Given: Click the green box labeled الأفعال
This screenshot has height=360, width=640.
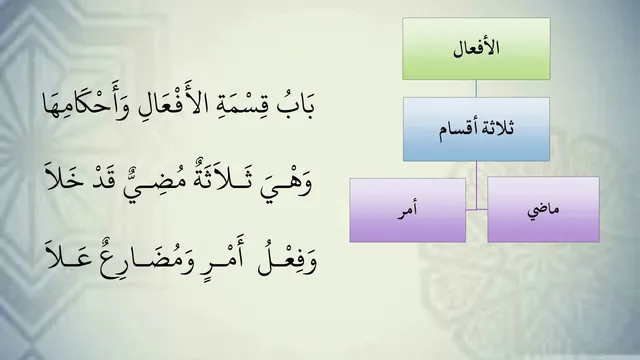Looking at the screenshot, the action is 476,49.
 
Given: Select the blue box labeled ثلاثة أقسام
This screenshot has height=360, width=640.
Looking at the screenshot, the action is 476,129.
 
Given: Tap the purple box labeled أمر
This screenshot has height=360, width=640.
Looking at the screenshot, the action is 407,210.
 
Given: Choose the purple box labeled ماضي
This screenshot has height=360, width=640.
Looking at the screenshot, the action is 543,210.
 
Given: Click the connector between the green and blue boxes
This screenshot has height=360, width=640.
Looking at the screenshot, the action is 476,89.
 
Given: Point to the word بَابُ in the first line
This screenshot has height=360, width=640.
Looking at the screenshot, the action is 296,105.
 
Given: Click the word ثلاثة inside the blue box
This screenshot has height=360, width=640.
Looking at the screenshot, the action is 496,129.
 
